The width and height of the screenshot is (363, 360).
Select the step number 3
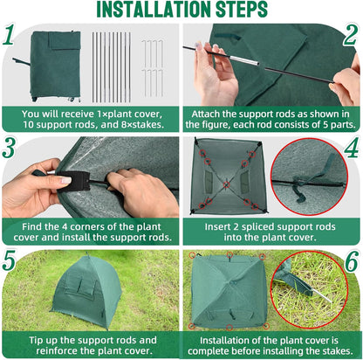click(10, 149)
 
